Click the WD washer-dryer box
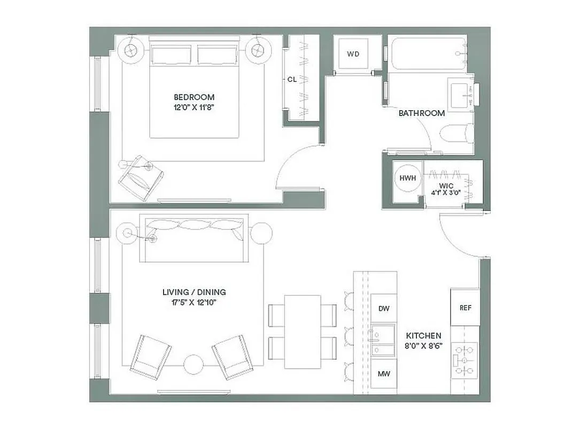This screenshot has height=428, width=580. click(353, 54)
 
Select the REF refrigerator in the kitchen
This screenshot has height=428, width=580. click(465, 308)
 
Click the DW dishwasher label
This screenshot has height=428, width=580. click(383, 309)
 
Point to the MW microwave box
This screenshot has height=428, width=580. click(383, 374)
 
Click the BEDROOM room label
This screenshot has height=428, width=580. click(194, 97)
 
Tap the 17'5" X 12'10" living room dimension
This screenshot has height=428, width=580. click(194, 303)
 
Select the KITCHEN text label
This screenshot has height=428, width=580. click(423, 335)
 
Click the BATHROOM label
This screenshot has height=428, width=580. click(422, 113)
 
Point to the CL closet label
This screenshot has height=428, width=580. click(292, 79)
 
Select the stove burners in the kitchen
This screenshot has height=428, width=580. click(464, 361)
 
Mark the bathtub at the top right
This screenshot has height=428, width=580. click(427, 53)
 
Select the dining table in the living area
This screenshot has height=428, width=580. click(302, 332)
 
